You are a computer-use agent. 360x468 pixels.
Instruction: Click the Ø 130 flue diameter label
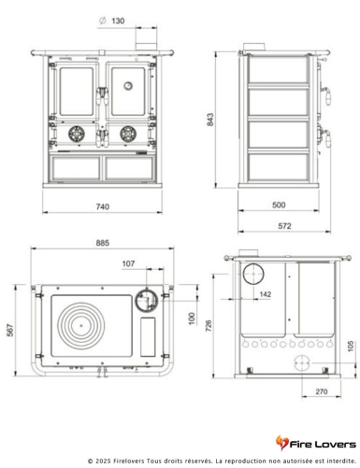(x=111, y=21)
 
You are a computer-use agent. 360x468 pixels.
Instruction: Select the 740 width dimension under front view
(x=103, y=206)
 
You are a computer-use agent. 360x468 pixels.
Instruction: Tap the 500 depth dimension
(x=279, y=205)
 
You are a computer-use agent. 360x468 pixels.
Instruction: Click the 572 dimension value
(x=281, y=225)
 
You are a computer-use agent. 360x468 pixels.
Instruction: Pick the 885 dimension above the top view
(x=103, y=243)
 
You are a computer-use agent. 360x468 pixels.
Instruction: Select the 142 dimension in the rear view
(x=265, y=295)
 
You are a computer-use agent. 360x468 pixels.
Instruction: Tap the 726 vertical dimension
(x=223, y=322)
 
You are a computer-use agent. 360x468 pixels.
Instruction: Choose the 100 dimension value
(x=193, y=319)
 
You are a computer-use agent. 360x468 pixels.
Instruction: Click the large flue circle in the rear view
(x=252, y=276)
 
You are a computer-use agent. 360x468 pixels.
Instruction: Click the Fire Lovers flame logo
(x=282, y=441)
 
